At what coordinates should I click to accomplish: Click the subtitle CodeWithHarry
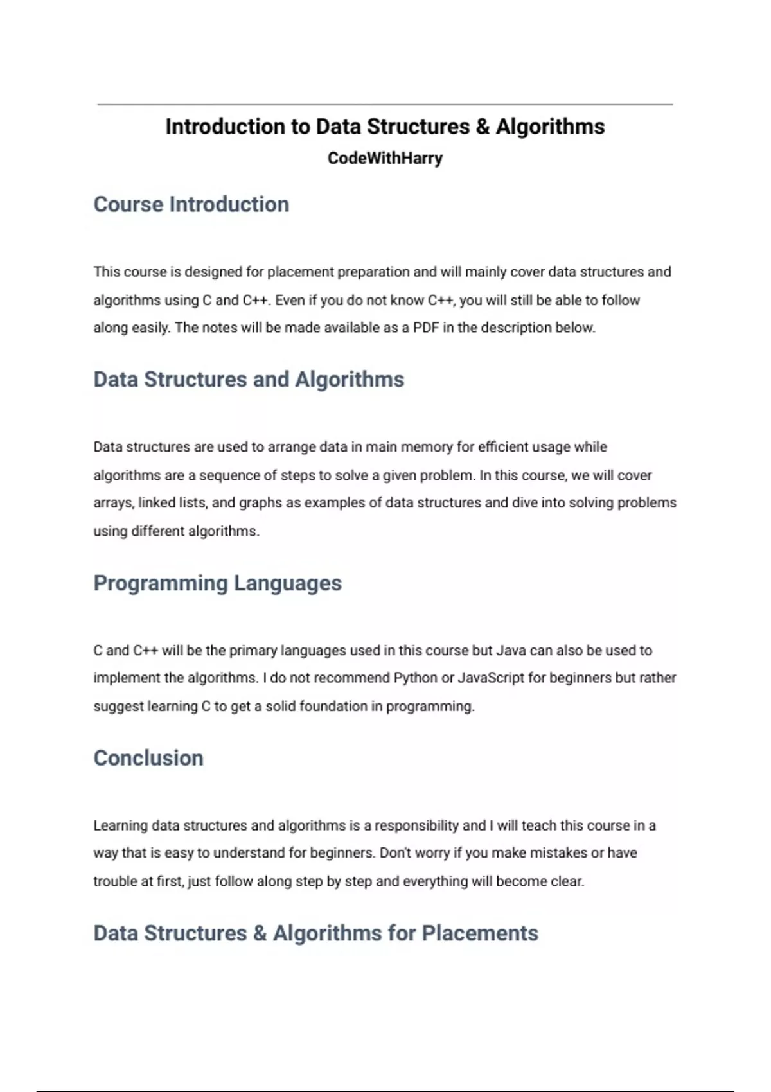coord(385,158)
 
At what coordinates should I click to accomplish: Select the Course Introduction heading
coord(191,204)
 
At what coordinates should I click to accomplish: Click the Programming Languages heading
coord(217,583)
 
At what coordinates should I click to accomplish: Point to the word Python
coord(415,678)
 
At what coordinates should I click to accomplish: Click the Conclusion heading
coord(148,758)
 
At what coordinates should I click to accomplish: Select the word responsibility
coord(416,825)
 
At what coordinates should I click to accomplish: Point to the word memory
coord(418,447)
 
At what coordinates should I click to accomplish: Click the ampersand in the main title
coord(483,127)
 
